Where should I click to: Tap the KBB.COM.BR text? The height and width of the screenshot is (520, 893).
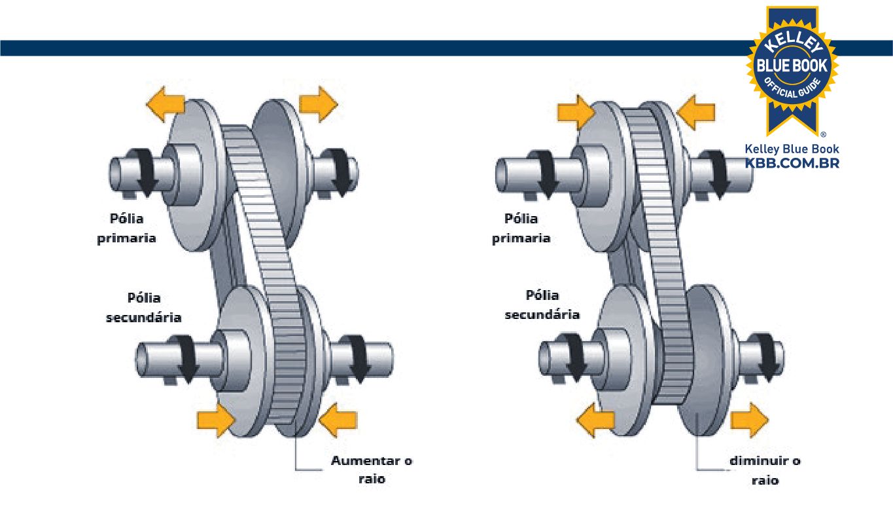coord(792,163)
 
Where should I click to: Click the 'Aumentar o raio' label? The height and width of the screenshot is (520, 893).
coord(372,470)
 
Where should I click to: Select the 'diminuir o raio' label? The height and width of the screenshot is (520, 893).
coord(765,470)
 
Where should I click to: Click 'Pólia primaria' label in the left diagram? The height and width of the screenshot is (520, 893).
coord(127,227)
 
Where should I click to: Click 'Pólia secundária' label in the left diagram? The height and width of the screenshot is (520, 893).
coord(143,307)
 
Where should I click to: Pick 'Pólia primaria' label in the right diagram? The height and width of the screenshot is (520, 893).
coord(521,227)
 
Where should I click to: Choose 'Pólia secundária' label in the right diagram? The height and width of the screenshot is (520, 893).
coord(542,305)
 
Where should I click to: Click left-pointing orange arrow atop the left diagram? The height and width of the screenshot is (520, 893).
coord(165,105)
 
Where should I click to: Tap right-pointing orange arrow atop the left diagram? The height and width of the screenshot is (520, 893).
coord(318,105)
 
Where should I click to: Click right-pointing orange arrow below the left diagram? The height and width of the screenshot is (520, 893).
coord(215,419)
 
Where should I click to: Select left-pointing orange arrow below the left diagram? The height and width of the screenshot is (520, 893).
coord(338,419)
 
